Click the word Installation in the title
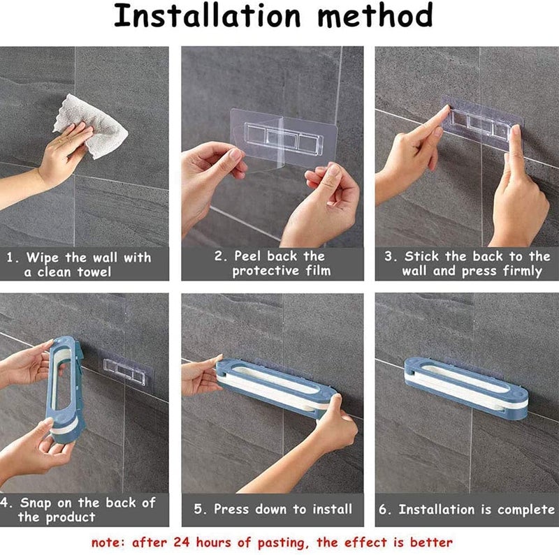[208, 15]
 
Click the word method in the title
[375, 15]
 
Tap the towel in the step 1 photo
[92, 126]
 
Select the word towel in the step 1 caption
[94, 272]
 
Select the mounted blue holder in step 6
[466, 388]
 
